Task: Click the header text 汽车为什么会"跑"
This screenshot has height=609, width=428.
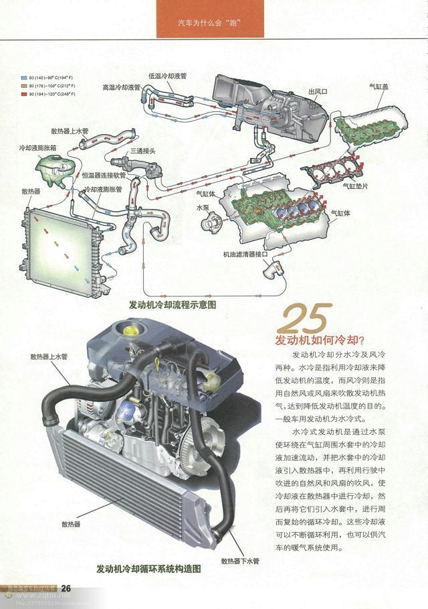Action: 207,23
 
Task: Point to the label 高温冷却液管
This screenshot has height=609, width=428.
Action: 122,87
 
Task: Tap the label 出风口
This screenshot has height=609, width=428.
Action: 318,90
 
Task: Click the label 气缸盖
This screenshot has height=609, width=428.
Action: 379,86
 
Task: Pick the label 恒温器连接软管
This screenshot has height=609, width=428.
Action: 102,174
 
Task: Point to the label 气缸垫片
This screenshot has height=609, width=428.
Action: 355,186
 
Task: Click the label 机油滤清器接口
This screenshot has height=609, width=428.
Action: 245,255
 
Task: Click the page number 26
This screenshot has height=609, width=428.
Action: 66,588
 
